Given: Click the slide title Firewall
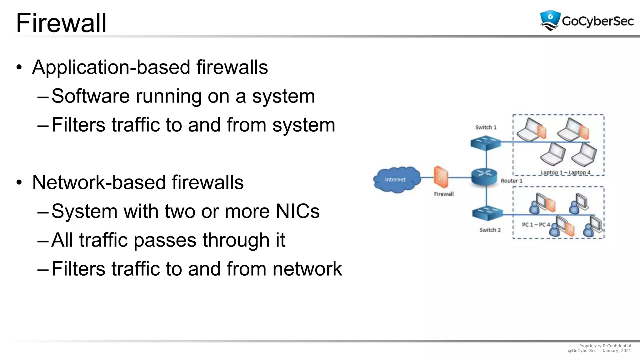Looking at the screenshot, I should tap(61, 23).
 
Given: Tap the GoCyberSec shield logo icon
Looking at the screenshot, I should tap(550, 20).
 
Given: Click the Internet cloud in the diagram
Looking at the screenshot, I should tap(396, 180).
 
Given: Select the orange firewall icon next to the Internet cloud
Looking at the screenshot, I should tap(441, 177).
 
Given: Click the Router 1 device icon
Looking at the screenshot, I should tap(484, 177).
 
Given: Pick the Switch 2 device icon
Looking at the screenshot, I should tap(487, 214).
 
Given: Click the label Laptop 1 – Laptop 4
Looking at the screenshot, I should tap(565, 172).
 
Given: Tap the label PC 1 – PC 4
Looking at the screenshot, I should tap(536, 225).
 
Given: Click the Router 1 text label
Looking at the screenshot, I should tap(511, 181).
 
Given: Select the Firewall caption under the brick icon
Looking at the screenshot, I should tap(444, 194).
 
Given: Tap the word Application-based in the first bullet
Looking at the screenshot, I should tap(111, 67).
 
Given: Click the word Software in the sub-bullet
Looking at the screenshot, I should tap(90, 96).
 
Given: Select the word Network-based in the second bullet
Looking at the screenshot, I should tap(99, 182).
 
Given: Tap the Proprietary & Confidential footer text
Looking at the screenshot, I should tap(605, 346).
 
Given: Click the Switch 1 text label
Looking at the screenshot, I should tap(486, 127).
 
